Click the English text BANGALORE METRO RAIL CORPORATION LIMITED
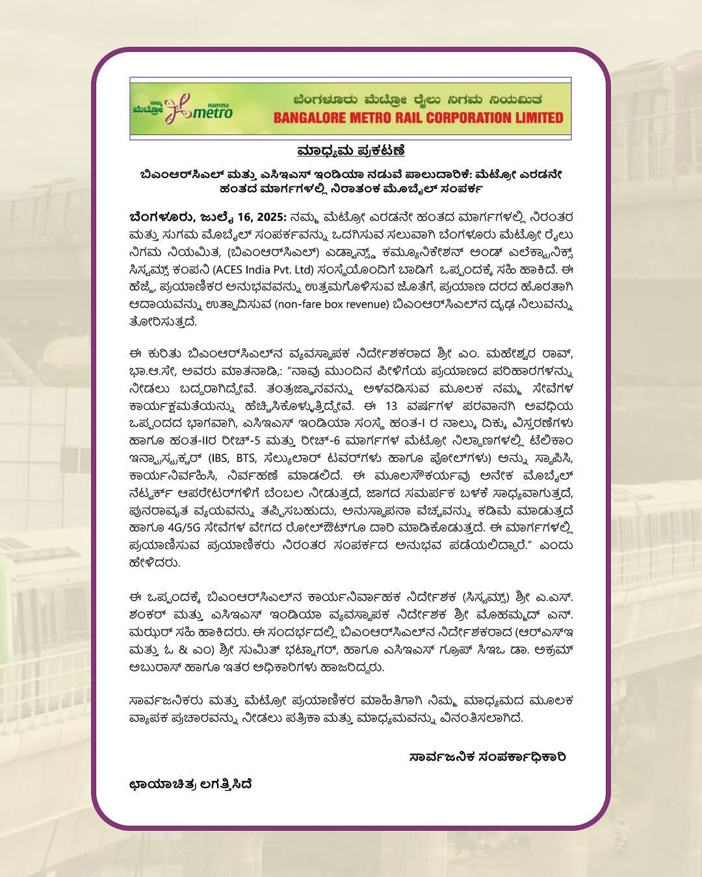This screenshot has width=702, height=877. (418, 118)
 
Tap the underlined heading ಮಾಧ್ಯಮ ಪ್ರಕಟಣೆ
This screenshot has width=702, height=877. (351, 151)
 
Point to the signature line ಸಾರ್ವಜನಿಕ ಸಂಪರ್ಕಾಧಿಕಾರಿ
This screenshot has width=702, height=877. (487, 757)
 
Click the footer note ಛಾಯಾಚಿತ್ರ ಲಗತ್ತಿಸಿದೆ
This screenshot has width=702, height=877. (190, 784)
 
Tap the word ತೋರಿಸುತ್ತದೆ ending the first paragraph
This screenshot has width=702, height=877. (162, 322)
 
